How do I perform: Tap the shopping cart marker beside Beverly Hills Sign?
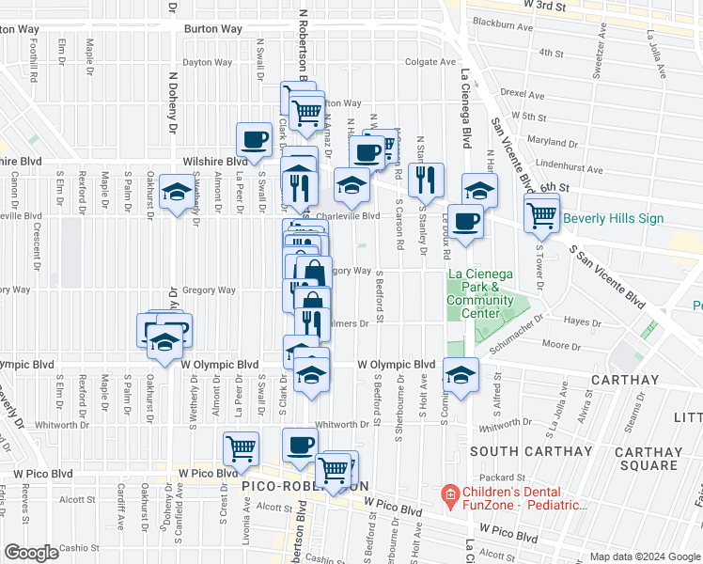541,213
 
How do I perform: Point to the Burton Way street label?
213,29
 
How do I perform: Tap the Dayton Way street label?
207,63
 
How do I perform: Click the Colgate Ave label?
430,63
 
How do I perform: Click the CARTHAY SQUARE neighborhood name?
648,459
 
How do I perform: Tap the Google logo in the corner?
32,553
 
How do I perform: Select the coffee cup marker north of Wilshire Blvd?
254,141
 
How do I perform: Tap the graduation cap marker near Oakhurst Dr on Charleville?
176,193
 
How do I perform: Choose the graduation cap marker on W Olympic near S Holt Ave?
461,374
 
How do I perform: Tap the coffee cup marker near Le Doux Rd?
465,222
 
